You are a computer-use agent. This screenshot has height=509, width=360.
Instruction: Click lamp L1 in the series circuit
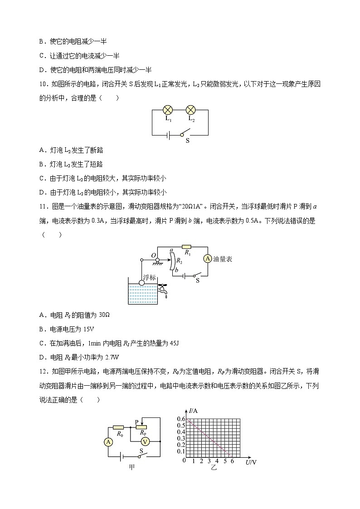[x=168, y=110]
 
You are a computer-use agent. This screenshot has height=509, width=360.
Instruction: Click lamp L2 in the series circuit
[x=191, y=110]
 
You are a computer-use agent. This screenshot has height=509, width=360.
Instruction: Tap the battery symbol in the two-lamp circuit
[x=168, y=135]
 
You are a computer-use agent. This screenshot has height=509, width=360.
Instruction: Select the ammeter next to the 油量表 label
[x=207, y=258]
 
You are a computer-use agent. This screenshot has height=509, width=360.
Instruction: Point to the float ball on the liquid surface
[x=141, y=282]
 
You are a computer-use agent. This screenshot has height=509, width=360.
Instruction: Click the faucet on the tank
[x=161, y=287]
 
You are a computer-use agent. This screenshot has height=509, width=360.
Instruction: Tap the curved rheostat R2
[x=172, y=261]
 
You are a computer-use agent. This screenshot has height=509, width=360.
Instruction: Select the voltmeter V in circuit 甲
[x=145, y=441]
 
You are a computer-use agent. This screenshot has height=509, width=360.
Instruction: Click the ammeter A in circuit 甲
[x=108, y=441]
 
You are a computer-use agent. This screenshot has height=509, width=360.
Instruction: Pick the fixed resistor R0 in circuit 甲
[x=119, y=427]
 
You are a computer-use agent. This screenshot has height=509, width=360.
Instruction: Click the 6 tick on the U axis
[x=233, y=461]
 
